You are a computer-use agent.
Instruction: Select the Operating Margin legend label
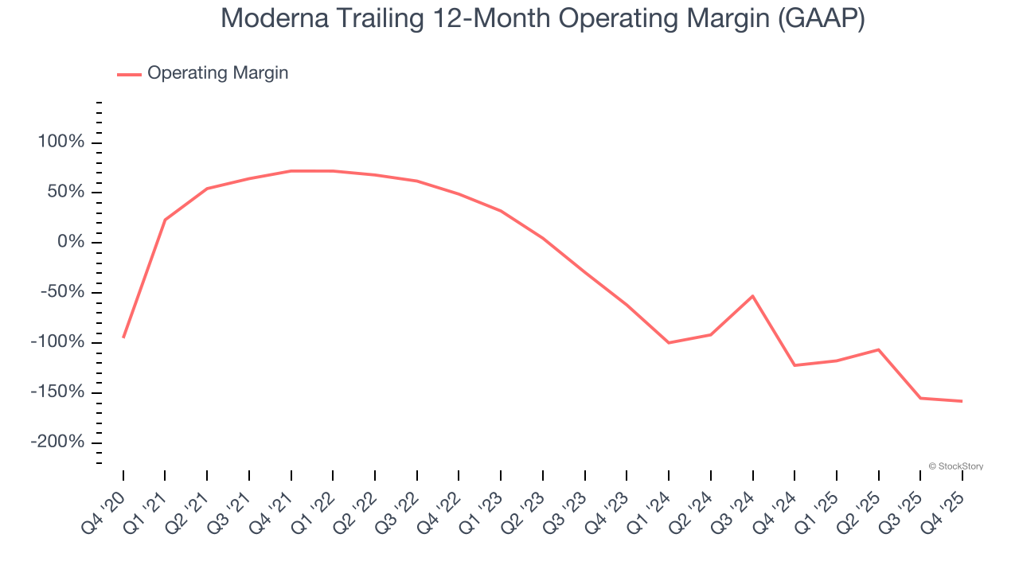217,73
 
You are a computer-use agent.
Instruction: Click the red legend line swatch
129,74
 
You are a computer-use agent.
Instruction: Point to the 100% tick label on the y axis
61,142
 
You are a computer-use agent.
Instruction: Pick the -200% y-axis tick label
57,442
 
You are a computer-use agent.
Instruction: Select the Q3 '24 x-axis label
735,504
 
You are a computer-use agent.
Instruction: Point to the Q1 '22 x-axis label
315,504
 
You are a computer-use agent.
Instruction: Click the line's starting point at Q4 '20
123,337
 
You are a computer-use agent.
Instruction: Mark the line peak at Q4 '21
291,170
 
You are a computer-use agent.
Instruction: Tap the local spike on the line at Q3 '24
752,296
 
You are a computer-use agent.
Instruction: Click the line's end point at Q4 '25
962,401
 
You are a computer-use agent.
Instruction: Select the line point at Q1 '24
669,342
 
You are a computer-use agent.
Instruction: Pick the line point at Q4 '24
795,365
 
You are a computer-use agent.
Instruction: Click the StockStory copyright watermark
955,466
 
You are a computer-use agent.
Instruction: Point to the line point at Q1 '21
165,220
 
